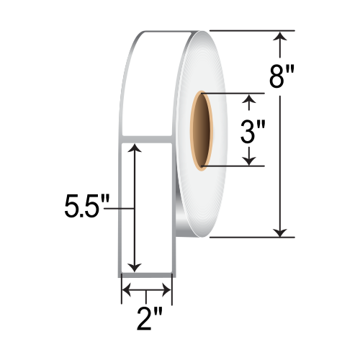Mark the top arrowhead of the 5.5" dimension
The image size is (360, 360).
[x=134, y=148]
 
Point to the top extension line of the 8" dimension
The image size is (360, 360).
[x=252, y=31]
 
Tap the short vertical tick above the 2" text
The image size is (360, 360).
[x=146, y=294]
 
